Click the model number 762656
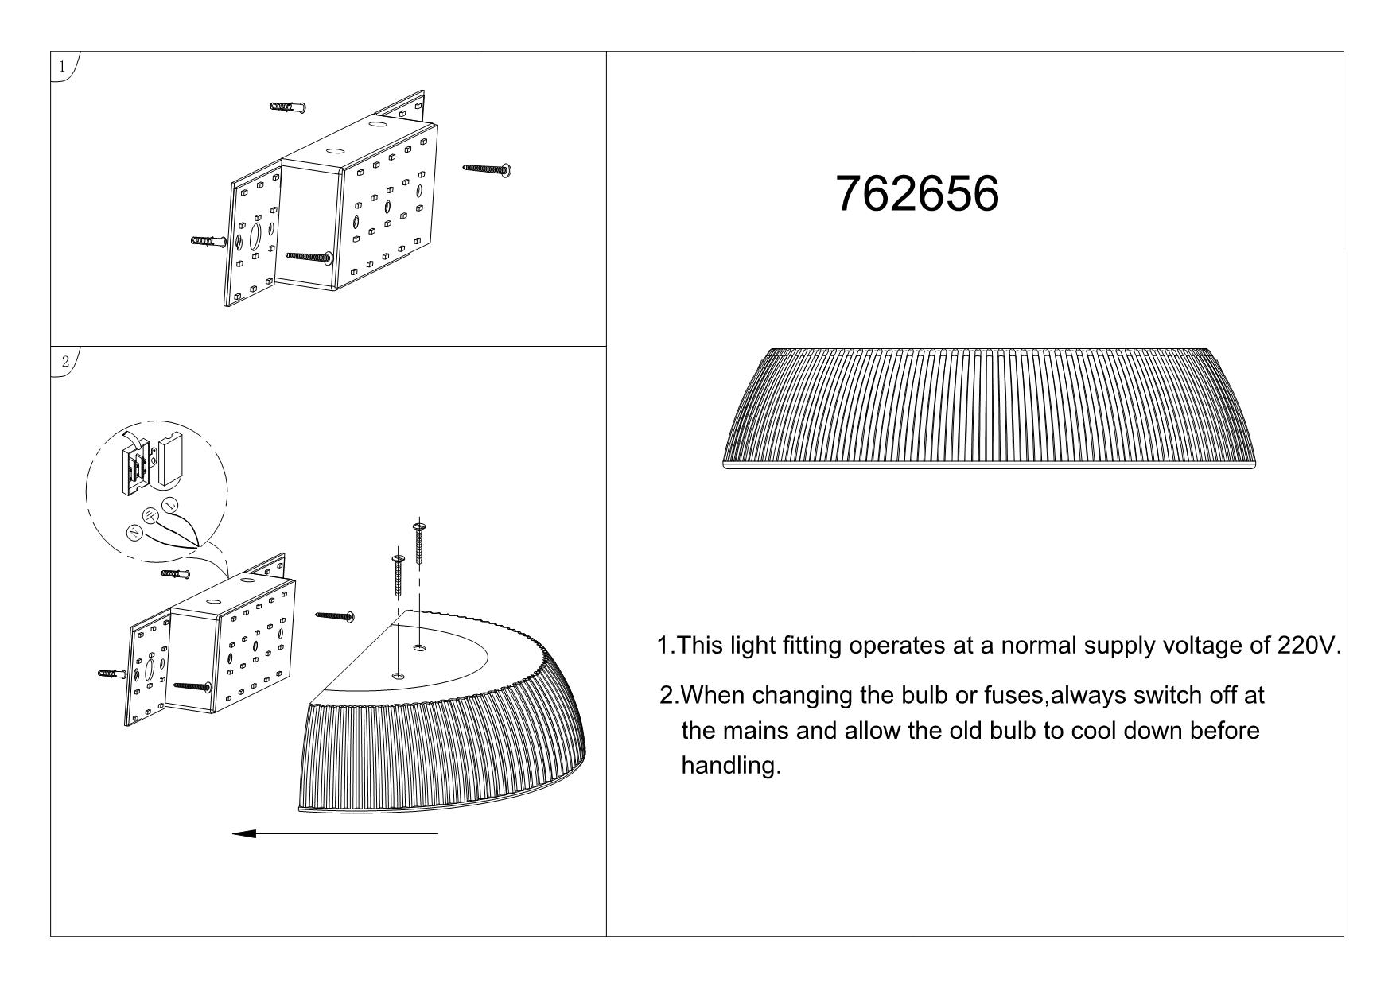tap(917, 193)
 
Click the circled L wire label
tap(169, 505)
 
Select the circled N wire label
tap(134, 533)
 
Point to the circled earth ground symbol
tap(150, 515)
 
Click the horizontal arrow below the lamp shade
tap(335, 833)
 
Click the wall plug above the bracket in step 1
tap(289, 107)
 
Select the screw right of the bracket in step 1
tap(487, 169)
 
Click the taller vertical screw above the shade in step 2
tap(419, 543)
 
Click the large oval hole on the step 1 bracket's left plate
tap(256, 237)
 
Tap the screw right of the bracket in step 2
tap(334, 615)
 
